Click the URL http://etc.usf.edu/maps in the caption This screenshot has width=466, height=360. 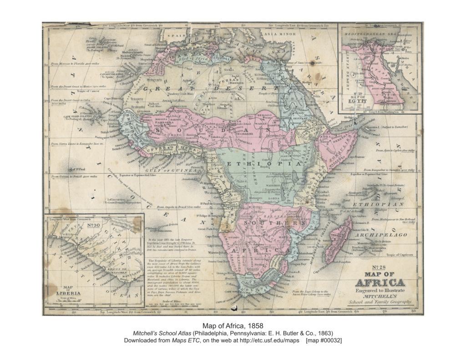(266, 340)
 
